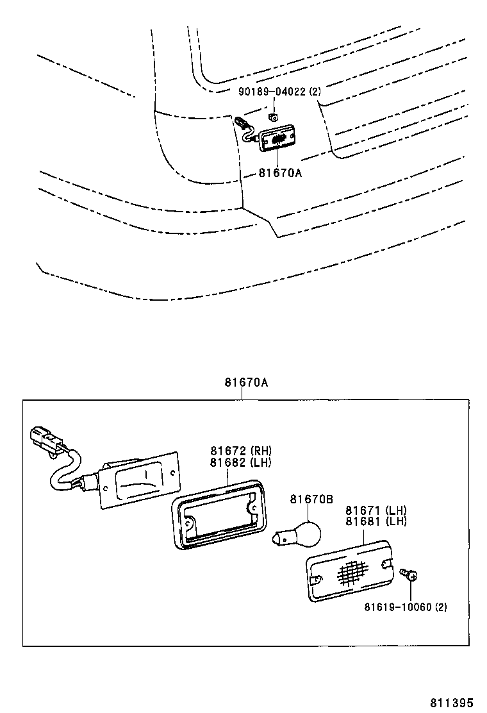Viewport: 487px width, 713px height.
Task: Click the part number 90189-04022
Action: [272, 92]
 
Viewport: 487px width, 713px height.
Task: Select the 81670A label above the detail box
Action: [245, 383]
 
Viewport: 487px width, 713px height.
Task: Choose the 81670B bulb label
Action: [311, 499]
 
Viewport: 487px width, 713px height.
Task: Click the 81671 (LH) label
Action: [376, 510]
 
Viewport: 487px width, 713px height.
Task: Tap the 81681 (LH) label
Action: [376, 521]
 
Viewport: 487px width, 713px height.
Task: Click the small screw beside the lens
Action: [408, 573]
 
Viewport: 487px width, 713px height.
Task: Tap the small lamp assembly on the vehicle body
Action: [278, 137]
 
